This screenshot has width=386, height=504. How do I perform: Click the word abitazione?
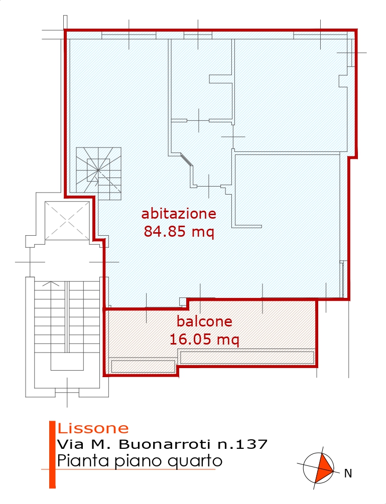(179, 214)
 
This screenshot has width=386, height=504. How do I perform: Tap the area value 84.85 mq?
(179, 231)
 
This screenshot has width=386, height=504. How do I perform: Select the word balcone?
(205, 321)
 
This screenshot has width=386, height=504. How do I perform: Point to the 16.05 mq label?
(204, 340)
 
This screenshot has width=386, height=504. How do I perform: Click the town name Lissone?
(93, 428)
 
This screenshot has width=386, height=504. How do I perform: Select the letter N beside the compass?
(348, 473)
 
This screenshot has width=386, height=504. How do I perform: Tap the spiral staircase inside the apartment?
(98, 174)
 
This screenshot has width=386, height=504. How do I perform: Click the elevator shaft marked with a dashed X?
(67, 221)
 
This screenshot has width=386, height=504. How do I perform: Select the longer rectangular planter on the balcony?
(247, 358)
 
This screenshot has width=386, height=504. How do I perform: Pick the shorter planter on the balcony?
(143, 367)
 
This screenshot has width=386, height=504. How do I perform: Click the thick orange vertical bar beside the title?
(52, 454)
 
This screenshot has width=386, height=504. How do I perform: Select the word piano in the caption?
(131, 461)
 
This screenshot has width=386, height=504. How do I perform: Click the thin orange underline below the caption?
(128, 469)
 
